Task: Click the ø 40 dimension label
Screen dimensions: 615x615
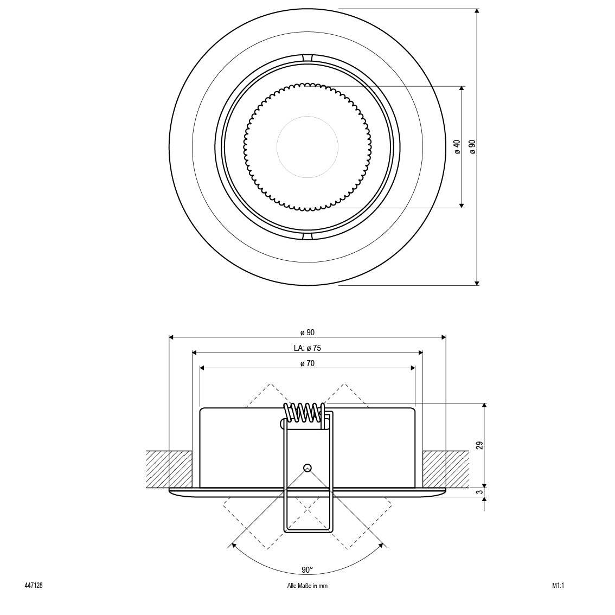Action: pyautogui.click(x=457, y=146)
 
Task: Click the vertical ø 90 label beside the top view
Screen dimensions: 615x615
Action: pyautogui.click(x=472, y=146)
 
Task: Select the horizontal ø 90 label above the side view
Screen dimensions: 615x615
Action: pyautogui.click(x=307, y=332)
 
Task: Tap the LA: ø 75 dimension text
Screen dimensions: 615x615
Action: pyautogui.click(x=307, y=348)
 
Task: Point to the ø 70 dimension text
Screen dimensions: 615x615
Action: pyautogui.click(x=307, y=363)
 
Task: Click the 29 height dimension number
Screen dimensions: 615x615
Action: pyautogui.click(x=479, y=445)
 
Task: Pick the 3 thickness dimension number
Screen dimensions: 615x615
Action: pyautogui.click(x=479, y=492)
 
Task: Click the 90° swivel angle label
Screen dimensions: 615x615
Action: pyautogui.click(x=307, y=570)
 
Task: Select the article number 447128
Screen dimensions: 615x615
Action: pyautogui.click(x=33, y=586)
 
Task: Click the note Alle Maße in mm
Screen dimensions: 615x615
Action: pyautogui.click(x=307, y=586)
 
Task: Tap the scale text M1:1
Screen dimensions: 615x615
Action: pyautogui.click(x=558, y=586)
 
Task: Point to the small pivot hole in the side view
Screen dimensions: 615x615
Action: pyautogui.click(x=307, y=467)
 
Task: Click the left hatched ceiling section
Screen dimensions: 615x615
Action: pyautogui.click(x=169, y=470)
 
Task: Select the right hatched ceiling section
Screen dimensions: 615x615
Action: pyautogui.click(x=446, y=470)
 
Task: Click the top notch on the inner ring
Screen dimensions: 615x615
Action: pyautogui.click(x=307, y=57)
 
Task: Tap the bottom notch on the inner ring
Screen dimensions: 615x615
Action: pyautogui.click(x=307, y=236)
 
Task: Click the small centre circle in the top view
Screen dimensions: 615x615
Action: pyautogui.click(x=307, y=146)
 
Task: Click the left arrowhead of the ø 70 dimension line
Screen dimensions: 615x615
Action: pyautogui.click(x=202, y=368)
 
